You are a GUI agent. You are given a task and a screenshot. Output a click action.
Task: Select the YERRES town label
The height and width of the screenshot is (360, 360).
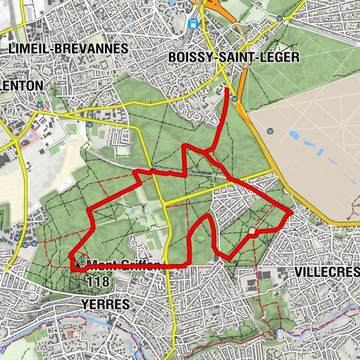click(x=103, y=304)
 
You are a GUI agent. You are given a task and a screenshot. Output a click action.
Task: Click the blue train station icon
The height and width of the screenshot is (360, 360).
click(x=193, y=23)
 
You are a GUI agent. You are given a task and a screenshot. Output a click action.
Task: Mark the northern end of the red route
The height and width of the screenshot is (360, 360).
click(x=227, y=90)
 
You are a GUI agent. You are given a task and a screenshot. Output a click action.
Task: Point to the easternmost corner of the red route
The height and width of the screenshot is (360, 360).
click(x=290, y=213)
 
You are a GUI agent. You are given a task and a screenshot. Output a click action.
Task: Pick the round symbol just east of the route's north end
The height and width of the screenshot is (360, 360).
click(x=236, y=97)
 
